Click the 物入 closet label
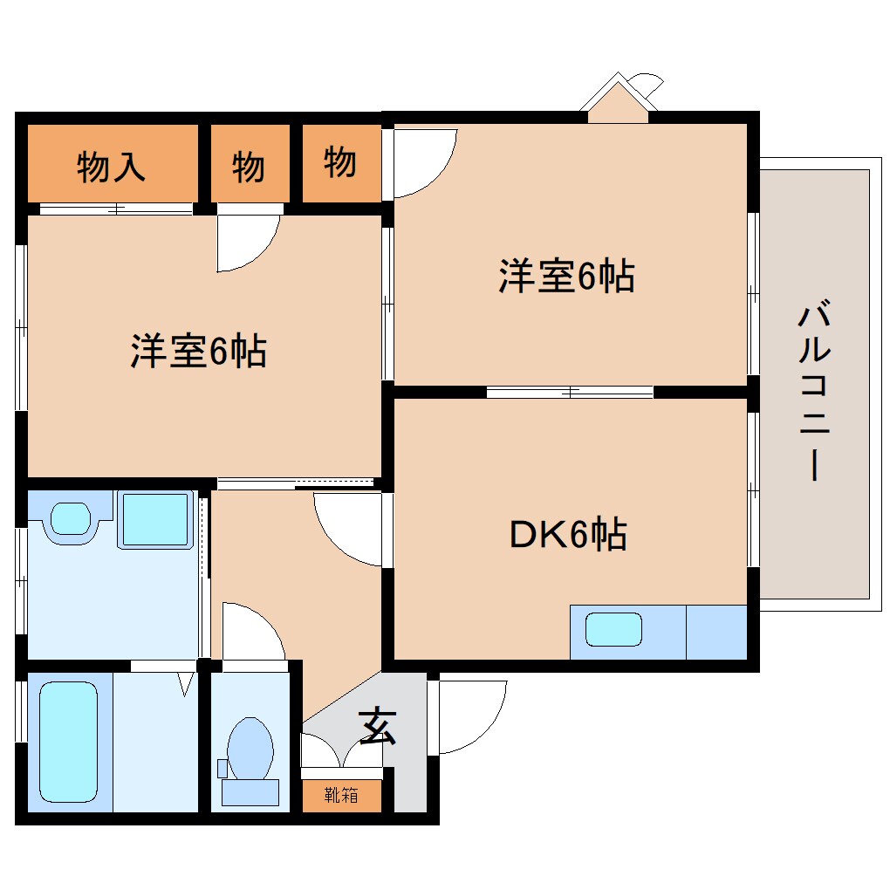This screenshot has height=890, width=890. tap(111, 166)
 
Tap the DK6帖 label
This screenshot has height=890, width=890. tap(567, 534)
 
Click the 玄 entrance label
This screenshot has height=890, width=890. tap(377, 726)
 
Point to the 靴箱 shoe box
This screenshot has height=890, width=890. tap(341, 795)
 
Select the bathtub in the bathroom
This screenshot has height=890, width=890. tap(68, 741)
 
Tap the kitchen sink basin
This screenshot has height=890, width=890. tap(613, 629)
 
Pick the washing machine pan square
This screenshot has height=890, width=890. tap(155, 520)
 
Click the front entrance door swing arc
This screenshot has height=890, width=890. tap(471, 715)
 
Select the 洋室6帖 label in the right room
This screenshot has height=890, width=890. tap(566, 277)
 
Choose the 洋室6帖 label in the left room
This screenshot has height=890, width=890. tap(199, 351)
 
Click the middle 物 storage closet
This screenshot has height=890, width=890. tap(249, 166)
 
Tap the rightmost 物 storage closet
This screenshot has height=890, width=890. tap(340, 162)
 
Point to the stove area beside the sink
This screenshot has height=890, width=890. tap(716, 631)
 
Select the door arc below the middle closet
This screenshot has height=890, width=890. tap(248, 240)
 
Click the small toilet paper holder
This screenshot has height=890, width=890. tap(222, 769)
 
